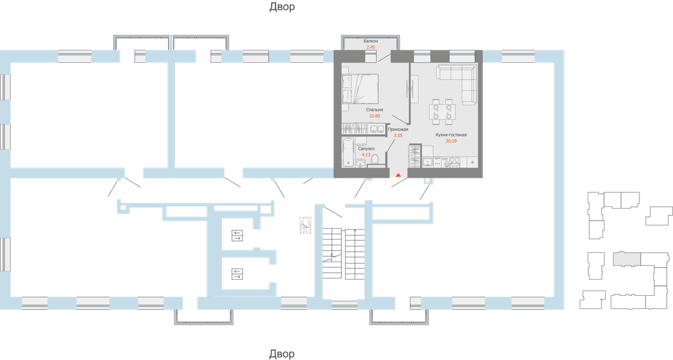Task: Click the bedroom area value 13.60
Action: [375, 116]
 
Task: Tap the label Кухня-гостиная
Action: [451, 135]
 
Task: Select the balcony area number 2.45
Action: [371, 47]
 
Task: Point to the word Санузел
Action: [366, 148]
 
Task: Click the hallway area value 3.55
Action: [398, 135]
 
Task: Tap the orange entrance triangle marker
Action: [398, 174]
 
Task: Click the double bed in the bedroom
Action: [361, 89]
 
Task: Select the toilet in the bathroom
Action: [375, 159]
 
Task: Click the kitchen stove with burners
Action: [454, 162]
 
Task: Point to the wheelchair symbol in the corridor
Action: [305, 225]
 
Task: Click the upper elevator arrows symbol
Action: [237, 235]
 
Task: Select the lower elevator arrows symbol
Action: [237, 274]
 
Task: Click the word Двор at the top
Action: [282, 7]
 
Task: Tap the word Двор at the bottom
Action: [282, 354]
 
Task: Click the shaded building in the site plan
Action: [626, 258]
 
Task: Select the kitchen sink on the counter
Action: [427, 162]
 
